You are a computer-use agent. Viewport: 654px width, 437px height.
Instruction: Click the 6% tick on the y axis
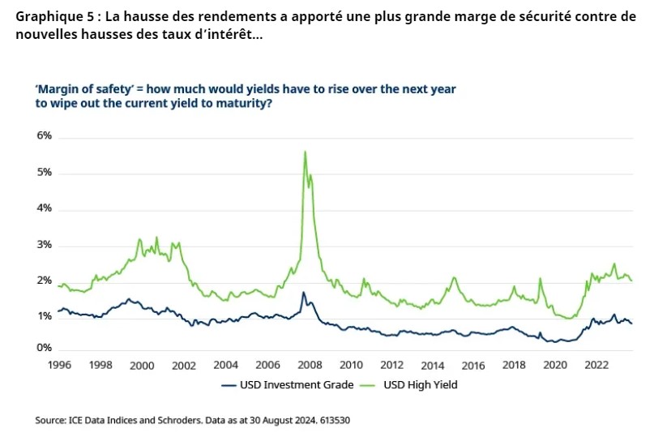click(44, 136)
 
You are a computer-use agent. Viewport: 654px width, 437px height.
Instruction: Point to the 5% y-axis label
click(44, 173)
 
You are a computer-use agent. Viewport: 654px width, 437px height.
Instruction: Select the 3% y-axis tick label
click(44, 245)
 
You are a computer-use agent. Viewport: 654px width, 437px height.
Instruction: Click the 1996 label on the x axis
click(60, 365)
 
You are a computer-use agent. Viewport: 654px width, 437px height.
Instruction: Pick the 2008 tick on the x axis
click(309, 365)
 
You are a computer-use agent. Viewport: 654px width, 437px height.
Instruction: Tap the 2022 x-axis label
click(596, 365)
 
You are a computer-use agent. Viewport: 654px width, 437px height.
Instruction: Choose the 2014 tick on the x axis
click(433, 365)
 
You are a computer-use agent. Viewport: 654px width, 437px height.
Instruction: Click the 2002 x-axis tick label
click(184, 365)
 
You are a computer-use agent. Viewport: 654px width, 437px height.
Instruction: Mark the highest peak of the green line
click(305, 152)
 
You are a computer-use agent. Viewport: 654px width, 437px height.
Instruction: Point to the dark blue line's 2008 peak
click(303, 293)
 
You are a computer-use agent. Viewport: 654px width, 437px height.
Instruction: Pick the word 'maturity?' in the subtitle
click(243, 104)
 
